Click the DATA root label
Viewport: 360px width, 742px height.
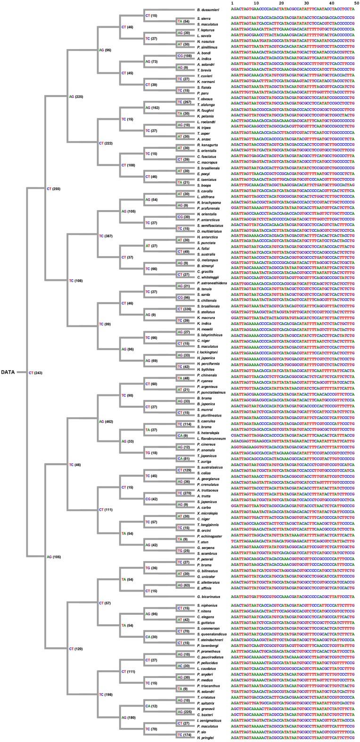tap(8, 372)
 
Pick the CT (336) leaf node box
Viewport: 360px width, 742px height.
tap(185, 308)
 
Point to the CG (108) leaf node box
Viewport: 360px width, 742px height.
tap(184, 56)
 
